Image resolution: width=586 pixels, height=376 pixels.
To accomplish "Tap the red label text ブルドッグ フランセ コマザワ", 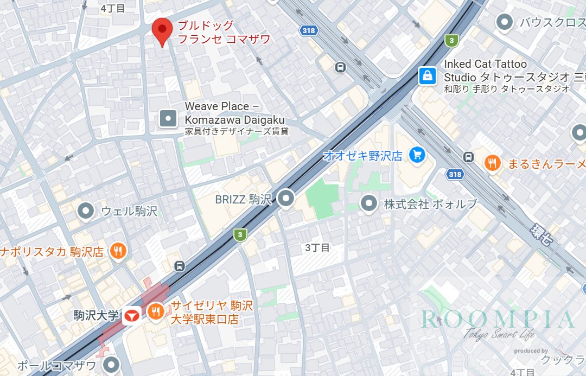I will tap(224, 33).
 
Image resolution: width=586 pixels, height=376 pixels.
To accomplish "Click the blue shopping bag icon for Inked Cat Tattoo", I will tap(428, 76).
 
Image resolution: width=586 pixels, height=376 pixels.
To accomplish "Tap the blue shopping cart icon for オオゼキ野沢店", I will tap(417, 155).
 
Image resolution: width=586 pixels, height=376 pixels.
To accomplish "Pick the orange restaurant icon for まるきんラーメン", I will tap(493, 163).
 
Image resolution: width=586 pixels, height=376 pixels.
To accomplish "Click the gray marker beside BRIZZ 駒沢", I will tap(286, 199).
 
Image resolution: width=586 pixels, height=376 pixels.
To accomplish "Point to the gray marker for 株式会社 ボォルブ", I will tap(369, 204).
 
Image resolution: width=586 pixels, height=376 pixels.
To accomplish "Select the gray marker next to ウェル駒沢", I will tap(86, 211).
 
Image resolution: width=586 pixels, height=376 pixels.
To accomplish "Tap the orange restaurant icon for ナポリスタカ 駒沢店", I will tap(118, 251).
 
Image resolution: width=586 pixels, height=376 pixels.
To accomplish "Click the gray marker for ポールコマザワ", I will tap(112, 365).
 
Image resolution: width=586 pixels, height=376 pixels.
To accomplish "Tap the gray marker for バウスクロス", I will tap(505, 22).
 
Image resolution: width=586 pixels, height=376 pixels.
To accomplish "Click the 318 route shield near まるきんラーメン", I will tap(455, 174).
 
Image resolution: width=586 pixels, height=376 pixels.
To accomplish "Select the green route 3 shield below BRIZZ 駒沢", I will tap(240, 234).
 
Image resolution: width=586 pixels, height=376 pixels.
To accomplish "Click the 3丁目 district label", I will tap(317, 248).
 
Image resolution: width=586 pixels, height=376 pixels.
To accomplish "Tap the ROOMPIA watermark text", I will tap(498, 320).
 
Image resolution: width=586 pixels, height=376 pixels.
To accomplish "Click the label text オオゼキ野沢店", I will tap(362, 156).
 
